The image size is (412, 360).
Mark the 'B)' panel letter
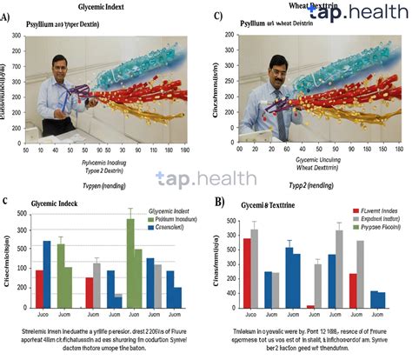coord(219,203)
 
